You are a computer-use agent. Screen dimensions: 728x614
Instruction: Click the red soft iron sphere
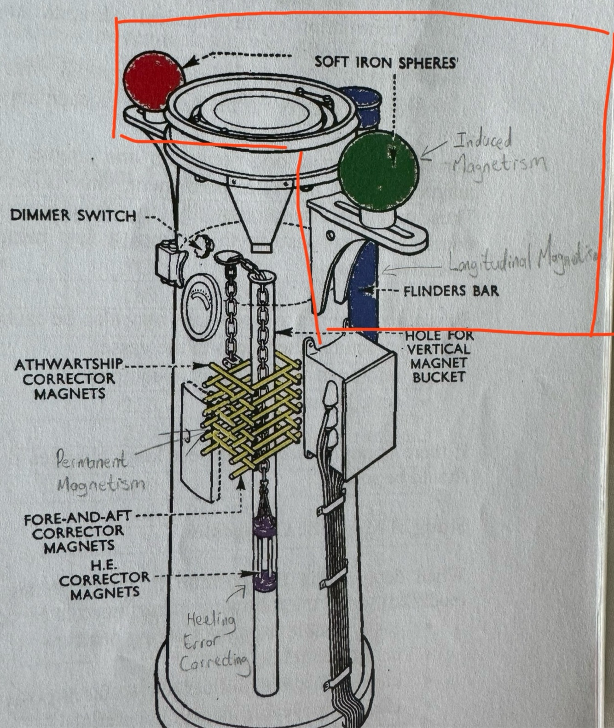coord(153,81)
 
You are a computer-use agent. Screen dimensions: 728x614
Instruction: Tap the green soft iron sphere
coord(378,170)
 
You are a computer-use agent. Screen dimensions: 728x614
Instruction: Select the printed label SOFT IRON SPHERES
coord(386,62)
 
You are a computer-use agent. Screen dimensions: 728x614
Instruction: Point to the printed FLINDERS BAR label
coord(451,291)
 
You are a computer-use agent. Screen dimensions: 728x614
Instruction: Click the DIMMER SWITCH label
coord(73,215)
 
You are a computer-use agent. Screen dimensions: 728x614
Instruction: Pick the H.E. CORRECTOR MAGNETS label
coord(104,578)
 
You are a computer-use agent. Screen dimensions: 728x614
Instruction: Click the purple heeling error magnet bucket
coord(264,552)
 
